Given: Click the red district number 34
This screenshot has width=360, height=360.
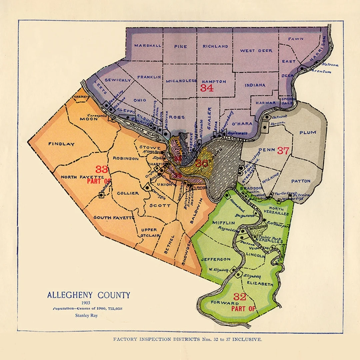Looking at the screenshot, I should tap(207, 88).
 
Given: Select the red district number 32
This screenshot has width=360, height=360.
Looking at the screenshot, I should tap(239, 297).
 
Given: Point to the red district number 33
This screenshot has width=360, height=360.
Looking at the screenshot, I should tap(102, 169).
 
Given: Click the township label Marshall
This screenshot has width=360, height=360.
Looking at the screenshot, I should tap(148, 46).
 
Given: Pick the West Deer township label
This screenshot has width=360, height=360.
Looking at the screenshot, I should tap(256, 51).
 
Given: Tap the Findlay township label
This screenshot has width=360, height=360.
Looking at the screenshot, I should tap(61, 144).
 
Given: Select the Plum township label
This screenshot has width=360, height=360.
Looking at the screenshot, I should tap(307, 133).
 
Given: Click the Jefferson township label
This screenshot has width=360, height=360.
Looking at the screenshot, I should tap(215, 259).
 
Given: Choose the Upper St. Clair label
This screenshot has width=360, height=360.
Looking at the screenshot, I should tap(149, 233).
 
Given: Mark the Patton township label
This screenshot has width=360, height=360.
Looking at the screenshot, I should tap(301, 181).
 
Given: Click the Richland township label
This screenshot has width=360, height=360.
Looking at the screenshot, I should tap(215, 46).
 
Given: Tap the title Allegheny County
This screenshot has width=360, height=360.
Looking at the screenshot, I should tap(88, 295).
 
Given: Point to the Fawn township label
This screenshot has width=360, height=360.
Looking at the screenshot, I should tap(296, 39).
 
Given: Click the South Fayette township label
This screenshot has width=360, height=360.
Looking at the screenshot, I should tap(114, 218).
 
